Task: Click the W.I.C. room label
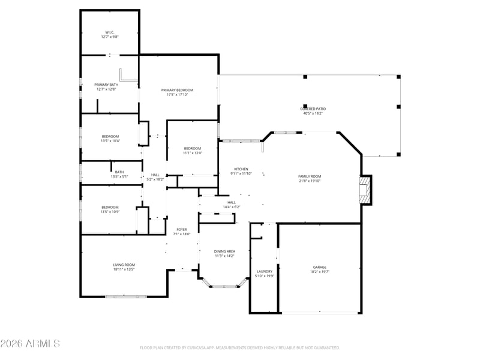[109, 34]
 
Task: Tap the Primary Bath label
[106, 87]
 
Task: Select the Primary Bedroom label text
[177, 92]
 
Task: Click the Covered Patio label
[313, 110]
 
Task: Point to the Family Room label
[310, 178]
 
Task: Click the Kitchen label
[241, 171]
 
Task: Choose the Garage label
[319, 269]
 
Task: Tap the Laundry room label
[265, 274]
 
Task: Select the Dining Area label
[224, 253]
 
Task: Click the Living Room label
[124, 266]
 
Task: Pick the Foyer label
[181, 231]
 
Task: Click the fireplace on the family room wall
[364, 190]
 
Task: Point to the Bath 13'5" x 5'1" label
[119, 174]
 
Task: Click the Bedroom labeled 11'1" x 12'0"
[192, 150]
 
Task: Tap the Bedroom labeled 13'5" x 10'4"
[110, 138]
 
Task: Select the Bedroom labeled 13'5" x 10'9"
[110, 209]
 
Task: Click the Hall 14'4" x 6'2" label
[231, 204]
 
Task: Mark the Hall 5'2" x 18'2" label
[155, 176]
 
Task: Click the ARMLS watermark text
[30, 343]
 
